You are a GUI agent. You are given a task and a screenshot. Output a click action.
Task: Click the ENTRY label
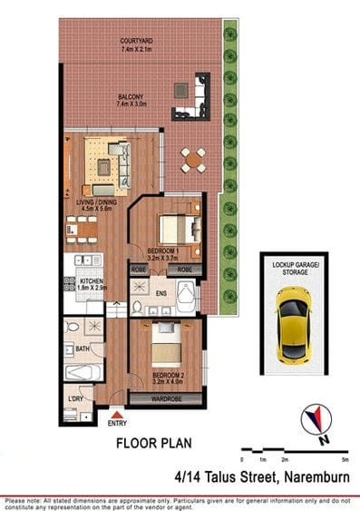pyautogui.click(x=117, y=423)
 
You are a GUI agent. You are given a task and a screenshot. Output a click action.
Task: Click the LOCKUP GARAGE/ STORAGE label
pyautogui.click(x=292, y=265)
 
